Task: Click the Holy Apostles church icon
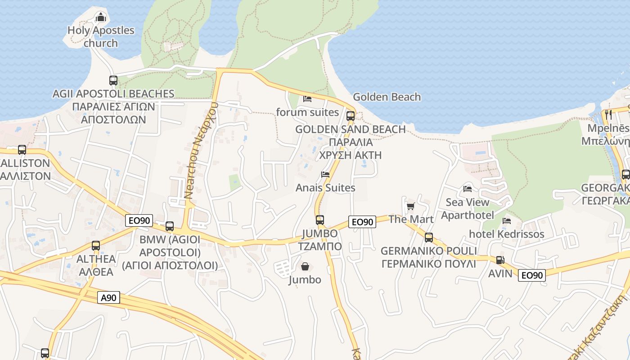click(x=101, y=18)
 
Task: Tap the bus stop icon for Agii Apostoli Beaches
click(x=113, y=81)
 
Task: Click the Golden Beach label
click(x=387, y=97)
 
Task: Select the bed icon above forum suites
click(x=307, y=99)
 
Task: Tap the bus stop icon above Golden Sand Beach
click(x=351, y=116)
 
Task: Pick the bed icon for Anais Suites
click(x=325, y=174)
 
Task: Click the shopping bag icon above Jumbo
click(x=305, y=267)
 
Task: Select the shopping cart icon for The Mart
click(x=410, y=207)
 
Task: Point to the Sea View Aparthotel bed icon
click(x=468, y=189)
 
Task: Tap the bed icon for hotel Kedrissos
click(x=507, y=221)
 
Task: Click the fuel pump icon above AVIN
click(x=500, y=260)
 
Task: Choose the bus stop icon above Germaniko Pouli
click(x=429, y=237)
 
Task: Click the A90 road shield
click(x=108, y=297)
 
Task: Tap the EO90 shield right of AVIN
click(x=531, y=275)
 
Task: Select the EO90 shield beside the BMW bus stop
click(x=139, y=220)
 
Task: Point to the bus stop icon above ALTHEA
click(x=96, y=245)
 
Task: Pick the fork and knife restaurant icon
click(x=609, y=114)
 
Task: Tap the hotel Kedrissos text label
click(x=506, y=234)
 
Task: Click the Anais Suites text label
click(x=325, y=188)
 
